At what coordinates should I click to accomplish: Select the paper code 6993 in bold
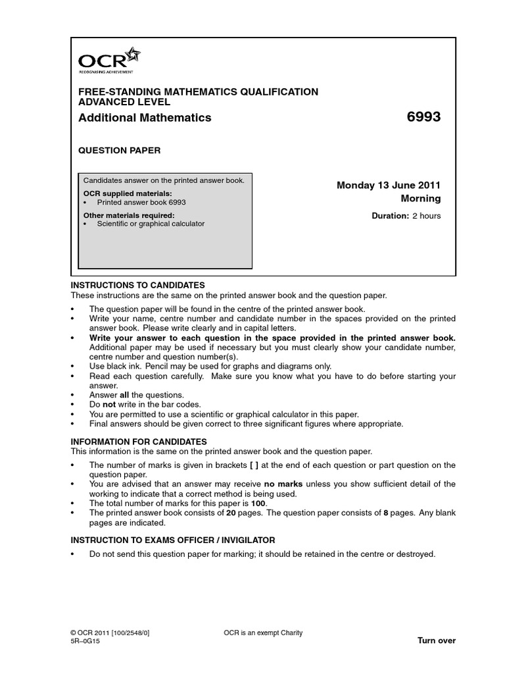(423, 118)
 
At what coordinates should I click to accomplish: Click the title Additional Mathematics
(145, 118)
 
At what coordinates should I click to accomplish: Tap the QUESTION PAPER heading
(119, 151)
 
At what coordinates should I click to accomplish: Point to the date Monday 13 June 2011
(389, 186)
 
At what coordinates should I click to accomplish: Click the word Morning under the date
(421, 199)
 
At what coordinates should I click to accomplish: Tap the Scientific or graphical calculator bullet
(151, 224)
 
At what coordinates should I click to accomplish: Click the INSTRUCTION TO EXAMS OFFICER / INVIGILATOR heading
(172, 540)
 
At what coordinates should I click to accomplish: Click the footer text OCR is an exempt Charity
(263, 633)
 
